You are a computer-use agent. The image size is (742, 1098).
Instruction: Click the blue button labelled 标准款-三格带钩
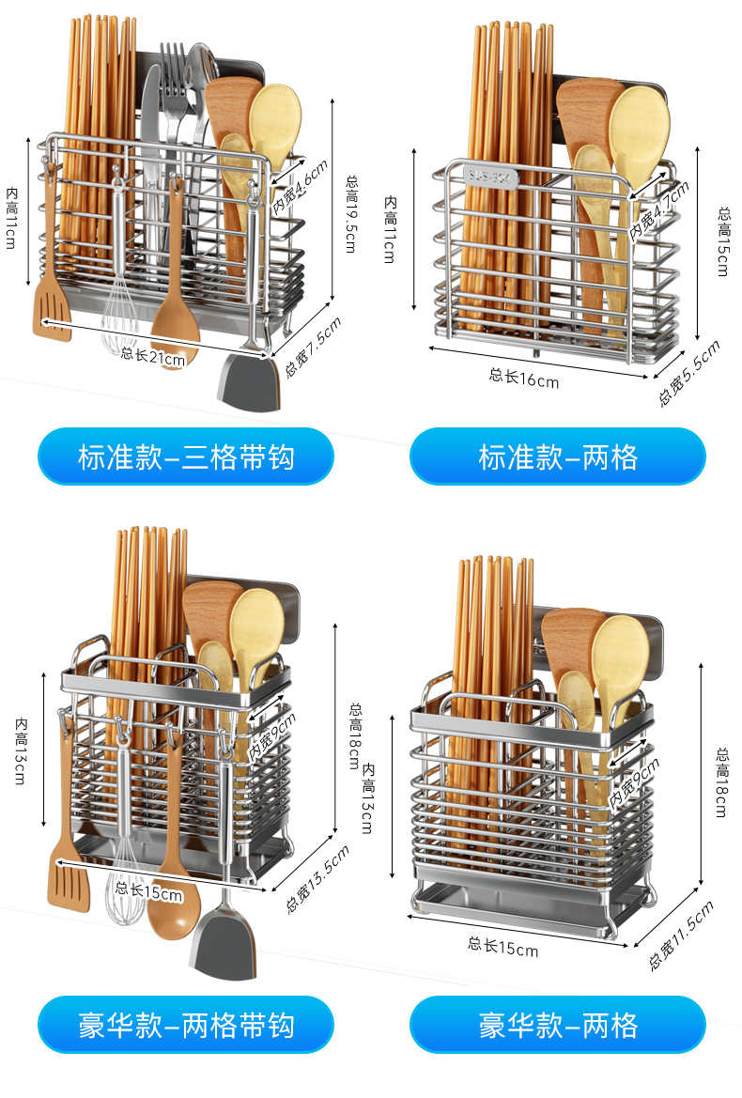click(x=185, y=457)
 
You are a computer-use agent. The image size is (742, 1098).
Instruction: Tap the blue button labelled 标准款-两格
click(x=558, y=457)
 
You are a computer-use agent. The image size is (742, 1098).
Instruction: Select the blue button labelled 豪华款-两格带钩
click(x=185, y=1025)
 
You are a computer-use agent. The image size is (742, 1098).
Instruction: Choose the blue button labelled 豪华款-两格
click(x=558, y=1025)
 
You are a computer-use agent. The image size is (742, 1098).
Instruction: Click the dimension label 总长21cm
click(x=153, y=354)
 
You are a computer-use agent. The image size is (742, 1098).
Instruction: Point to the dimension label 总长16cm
click(x=523, y=378)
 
